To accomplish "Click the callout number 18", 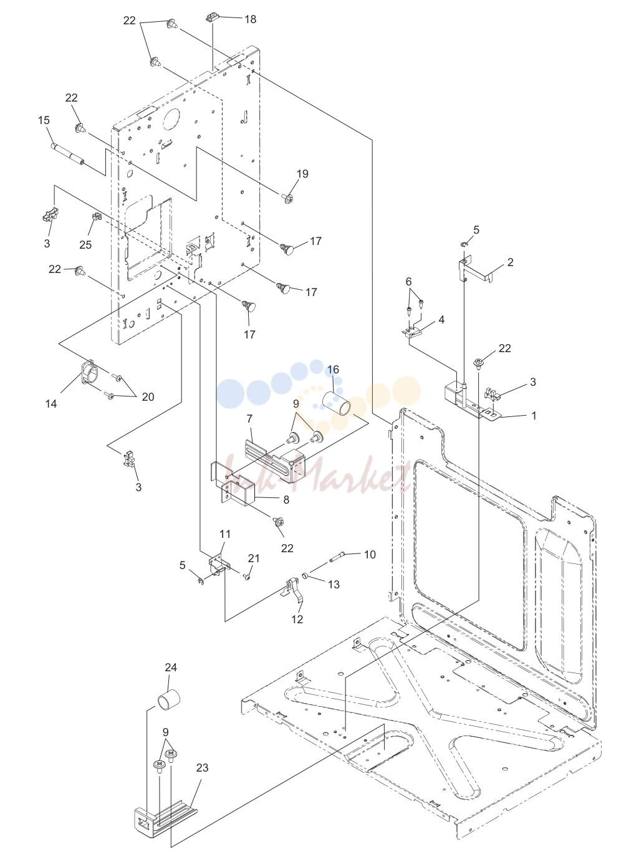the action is (251, 19).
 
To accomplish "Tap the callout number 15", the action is (44, 120).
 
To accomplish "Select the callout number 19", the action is (302, 173).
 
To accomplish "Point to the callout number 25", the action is (85, 244).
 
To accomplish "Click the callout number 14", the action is (51, 404).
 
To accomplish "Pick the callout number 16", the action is (333, 370).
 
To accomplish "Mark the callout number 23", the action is (202, 767).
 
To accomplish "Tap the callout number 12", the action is (297, 619).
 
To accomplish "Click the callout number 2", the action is (510, 262).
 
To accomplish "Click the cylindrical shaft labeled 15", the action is (67, 154).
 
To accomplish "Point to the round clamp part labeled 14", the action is (89, 372).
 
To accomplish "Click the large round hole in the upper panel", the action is (175, 117).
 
